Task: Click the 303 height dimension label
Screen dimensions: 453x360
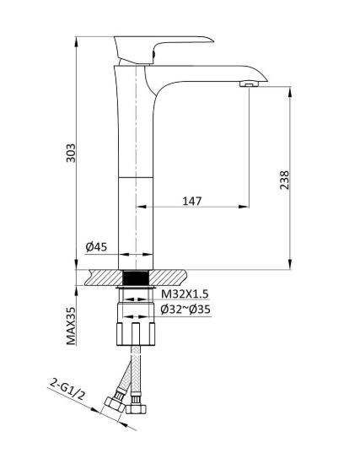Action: tap(72, 153)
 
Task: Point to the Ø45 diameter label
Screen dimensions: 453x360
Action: tap(95, 247)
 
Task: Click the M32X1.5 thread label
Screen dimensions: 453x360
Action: tap(185, 293)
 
